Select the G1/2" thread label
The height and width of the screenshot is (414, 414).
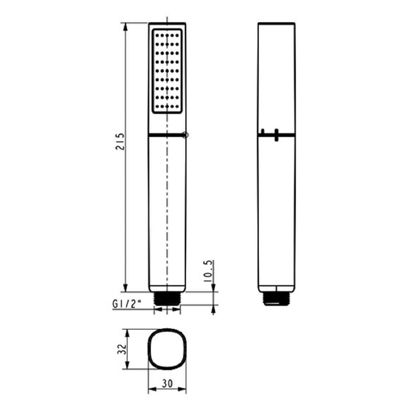(127, 304)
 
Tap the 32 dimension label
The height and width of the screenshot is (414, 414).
(121, 349)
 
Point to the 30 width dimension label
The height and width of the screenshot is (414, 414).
(167, 384)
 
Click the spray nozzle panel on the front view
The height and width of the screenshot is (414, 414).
(167, 71)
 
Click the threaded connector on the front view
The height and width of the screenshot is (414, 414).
(167, 299)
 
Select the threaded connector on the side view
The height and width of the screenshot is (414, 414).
(277, 299)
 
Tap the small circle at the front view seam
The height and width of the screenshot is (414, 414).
(185, 135)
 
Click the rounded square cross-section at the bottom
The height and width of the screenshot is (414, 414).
(167, 349)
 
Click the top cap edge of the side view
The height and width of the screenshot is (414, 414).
(277, 24)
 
